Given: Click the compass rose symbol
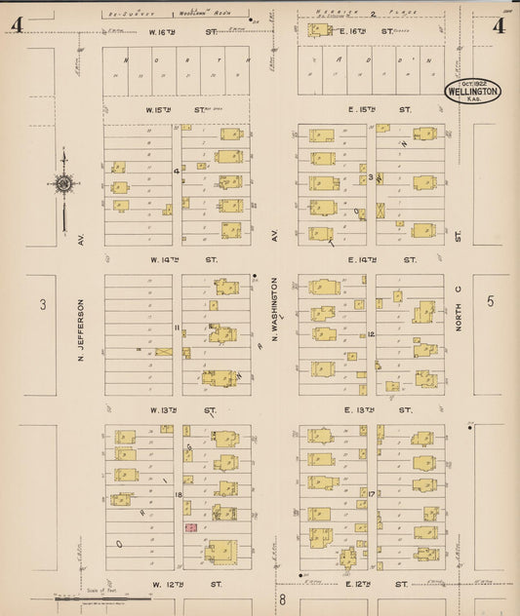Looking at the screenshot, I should pos(63,183).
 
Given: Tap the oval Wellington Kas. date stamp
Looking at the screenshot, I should pos(473,92).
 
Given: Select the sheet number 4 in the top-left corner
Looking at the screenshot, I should pos(17,25).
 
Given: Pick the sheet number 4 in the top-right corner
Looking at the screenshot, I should pos(498,25).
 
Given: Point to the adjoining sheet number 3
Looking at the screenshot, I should pos(42,304).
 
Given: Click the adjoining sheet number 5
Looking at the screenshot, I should pos(490,301).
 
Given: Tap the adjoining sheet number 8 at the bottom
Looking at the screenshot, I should pos(282,597).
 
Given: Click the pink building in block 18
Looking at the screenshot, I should pos(191,527).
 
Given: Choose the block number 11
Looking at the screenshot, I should pos(177,327).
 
